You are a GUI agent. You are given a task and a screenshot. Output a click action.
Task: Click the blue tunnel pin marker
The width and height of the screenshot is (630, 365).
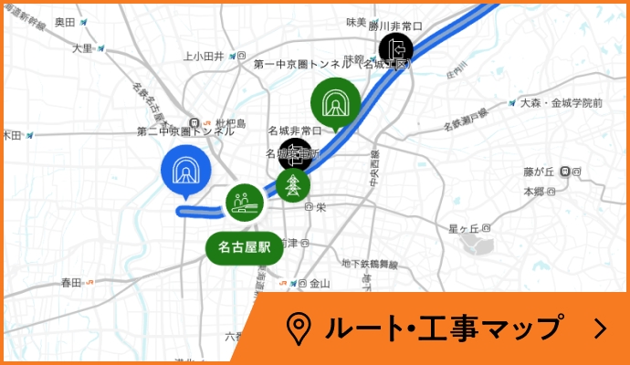click(186, 169)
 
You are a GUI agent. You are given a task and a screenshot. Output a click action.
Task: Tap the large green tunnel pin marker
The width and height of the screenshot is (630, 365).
click(336, 102)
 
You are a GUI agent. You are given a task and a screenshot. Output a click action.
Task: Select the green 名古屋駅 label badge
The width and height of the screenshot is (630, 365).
click(245, 246)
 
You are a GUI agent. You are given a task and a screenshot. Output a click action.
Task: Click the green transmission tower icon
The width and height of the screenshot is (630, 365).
click(293, 185)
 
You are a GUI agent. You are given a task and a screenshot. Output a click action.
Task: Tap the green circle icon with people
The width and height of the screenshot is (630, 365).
click(244, 201)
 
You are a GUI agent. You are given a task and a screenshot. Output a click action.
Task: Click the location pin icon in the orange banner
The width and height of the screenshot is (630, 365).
click(298, 328)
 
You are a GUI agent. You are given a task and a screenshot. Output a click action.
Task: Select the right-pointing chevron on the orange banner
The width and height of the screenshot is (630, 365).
click(600, 328)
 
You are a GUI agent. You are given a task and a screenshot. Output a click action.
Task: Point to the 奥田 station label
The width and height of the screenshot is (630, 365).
click(65, 21)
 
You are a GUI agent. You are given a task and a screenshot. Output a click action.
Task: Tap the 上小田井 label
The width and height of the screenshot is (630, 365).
click(204, 56)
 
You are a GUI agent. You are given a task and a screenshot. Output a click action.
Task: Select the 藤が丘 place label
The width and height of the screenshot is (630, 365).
click(540, 171)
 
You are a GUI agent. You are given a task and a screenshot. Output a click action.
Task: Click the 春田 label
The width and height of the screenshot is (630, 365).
click(71, 283)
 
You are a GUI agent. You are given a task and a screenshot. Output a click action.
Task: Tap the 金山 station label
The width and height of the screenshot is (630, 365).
click(320, 283)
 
